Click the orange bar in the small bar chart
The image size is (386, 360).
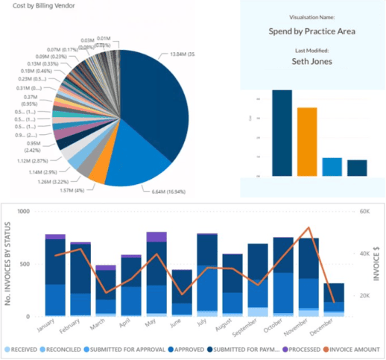pos(307,142)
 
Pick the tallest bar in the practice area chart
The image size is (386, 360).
pos(282,133)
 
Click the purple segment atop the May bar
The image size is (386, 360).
pos(156,237)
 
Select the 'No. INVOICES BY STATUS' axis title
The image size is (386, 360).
pos(7,264)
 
